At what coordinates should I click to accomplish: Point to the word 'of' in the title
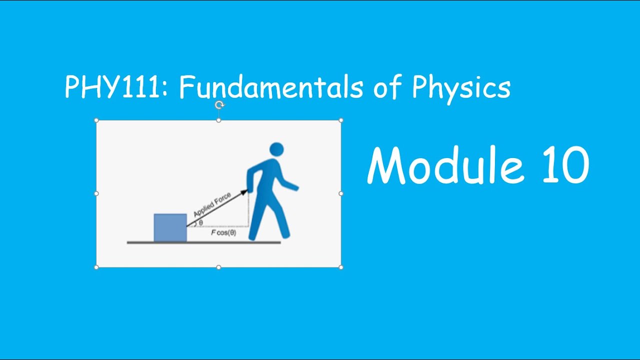(387, 87)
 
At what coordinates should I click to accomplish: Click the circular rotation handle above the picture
(219, 105)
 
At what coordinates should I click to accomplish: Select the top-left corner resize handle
(96, 120)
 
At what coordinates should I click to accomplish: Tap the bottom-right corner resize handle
(341, 267)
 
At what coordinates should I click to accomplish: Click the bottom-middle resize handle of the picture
(218, 267)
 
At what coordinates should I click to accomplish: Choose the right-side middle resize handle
(341, 193)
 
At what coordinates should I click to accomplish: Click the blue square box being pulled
(170, 227)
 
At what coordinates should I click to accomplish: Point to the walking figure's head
(276, 149)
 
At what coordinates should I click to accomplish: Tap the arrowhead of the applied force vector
(244, 192)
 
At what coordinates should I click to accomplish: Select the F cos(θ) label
(223, 233)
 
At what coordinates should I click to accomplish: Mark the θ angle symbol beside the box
(201, 223)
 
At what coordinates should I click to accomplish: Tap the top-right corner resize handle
(341, 120)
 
